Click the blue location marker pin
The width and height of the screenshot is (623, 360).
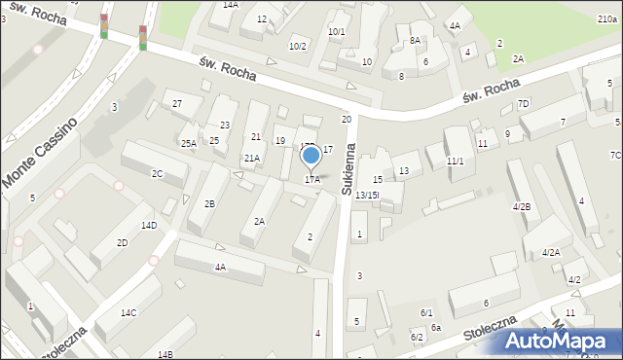[311, 156]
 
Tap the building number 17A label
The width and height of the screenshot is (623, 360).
[312, 179]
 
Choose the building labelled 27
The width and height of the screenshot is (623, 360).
[177, 103]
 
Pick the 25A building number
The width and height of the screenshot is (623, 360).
[188, 143]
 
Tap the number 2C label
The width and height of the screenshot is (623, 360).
[157, 173]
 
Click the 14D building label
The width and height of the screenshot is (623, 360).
[148, 225]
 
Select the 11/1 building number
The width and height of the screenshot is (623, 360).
[455, 161]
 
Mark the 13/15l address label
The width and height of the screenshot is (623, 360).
[366, 196]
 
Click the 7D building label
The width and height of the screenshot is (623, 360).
[523, 103]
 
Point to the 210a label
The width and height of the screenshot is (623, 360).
[606, 18]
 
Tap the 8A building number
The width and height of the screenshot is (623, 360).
[415, 40]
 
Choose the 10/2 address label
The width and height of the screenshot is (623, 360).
[297, 46]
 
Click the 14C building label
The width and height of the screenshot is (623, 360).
[128, 312]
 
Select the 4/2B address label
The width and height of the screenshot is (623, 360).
[522, 206]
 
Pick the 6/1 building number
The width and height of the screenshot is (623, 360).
[425, 312]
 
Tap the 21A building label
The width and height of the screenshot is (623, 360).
[252, 158]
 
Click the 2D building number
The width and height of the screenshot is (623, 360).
[122, 242]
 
